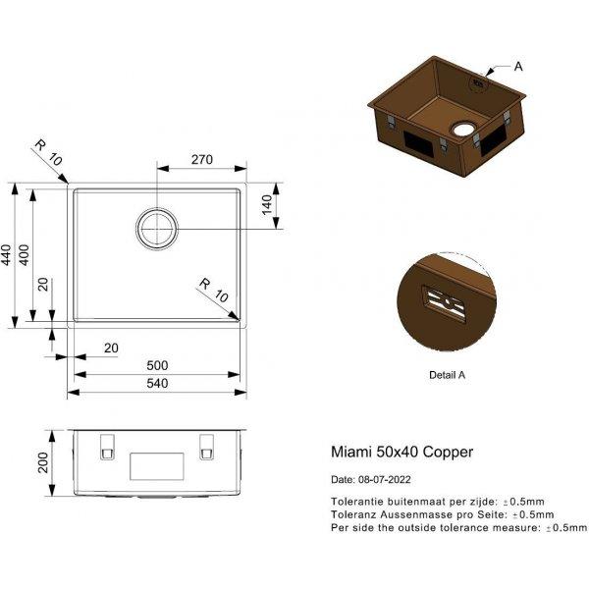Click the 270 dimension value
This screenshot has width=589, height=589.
[x=201, y=160]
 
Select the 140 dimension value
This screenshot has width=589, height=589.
[x=267, y=205]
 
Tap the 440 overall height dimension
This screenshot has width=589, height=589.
[x=7, y=255]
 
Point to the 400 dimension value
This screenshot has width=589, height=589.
[x=24, y=255]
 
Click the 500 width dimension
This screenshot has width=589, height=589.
[x=157, y=365]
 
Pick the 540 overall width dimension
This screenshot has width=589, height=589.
[x=157, y=383]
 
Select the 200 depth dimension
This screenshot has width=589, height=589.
[x=43, y=462]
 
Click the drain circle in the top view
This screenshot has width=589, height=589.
[x=157, y=229]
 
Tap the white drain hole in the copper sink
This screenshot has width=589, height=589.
[x=463, y=130]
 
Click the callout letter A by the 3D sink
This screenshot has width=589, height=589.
[x=518, y=67]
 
